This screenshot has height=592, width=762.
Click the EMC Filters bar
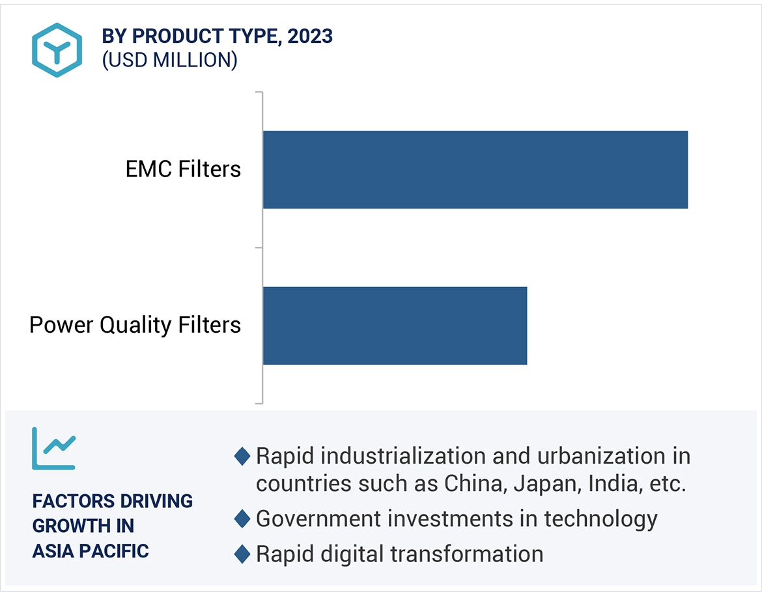coord(475,169)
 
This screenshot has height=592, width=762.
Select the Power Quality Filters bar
coord(395,325)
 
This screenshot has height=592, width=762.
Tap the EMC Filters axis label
coord(183,169)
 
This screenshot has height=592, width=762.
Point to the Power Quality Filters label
coord(135,325)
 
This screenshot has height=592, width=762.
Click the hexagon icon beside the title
coord(57,50)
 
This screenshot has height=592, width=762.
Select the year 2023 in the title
coord(310,36)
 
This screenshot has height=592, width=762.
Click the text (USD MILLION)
coord(169,60)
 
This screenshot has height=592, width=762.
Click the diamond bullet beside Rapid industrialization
coord(242,457)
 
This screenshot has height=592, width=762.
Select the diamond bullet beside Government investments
coord(242,519)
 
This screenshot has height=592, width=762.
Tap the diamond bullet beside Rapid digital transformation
coord(242,554)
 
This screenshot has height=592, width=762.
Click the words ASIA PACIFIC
coord(91,551)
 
